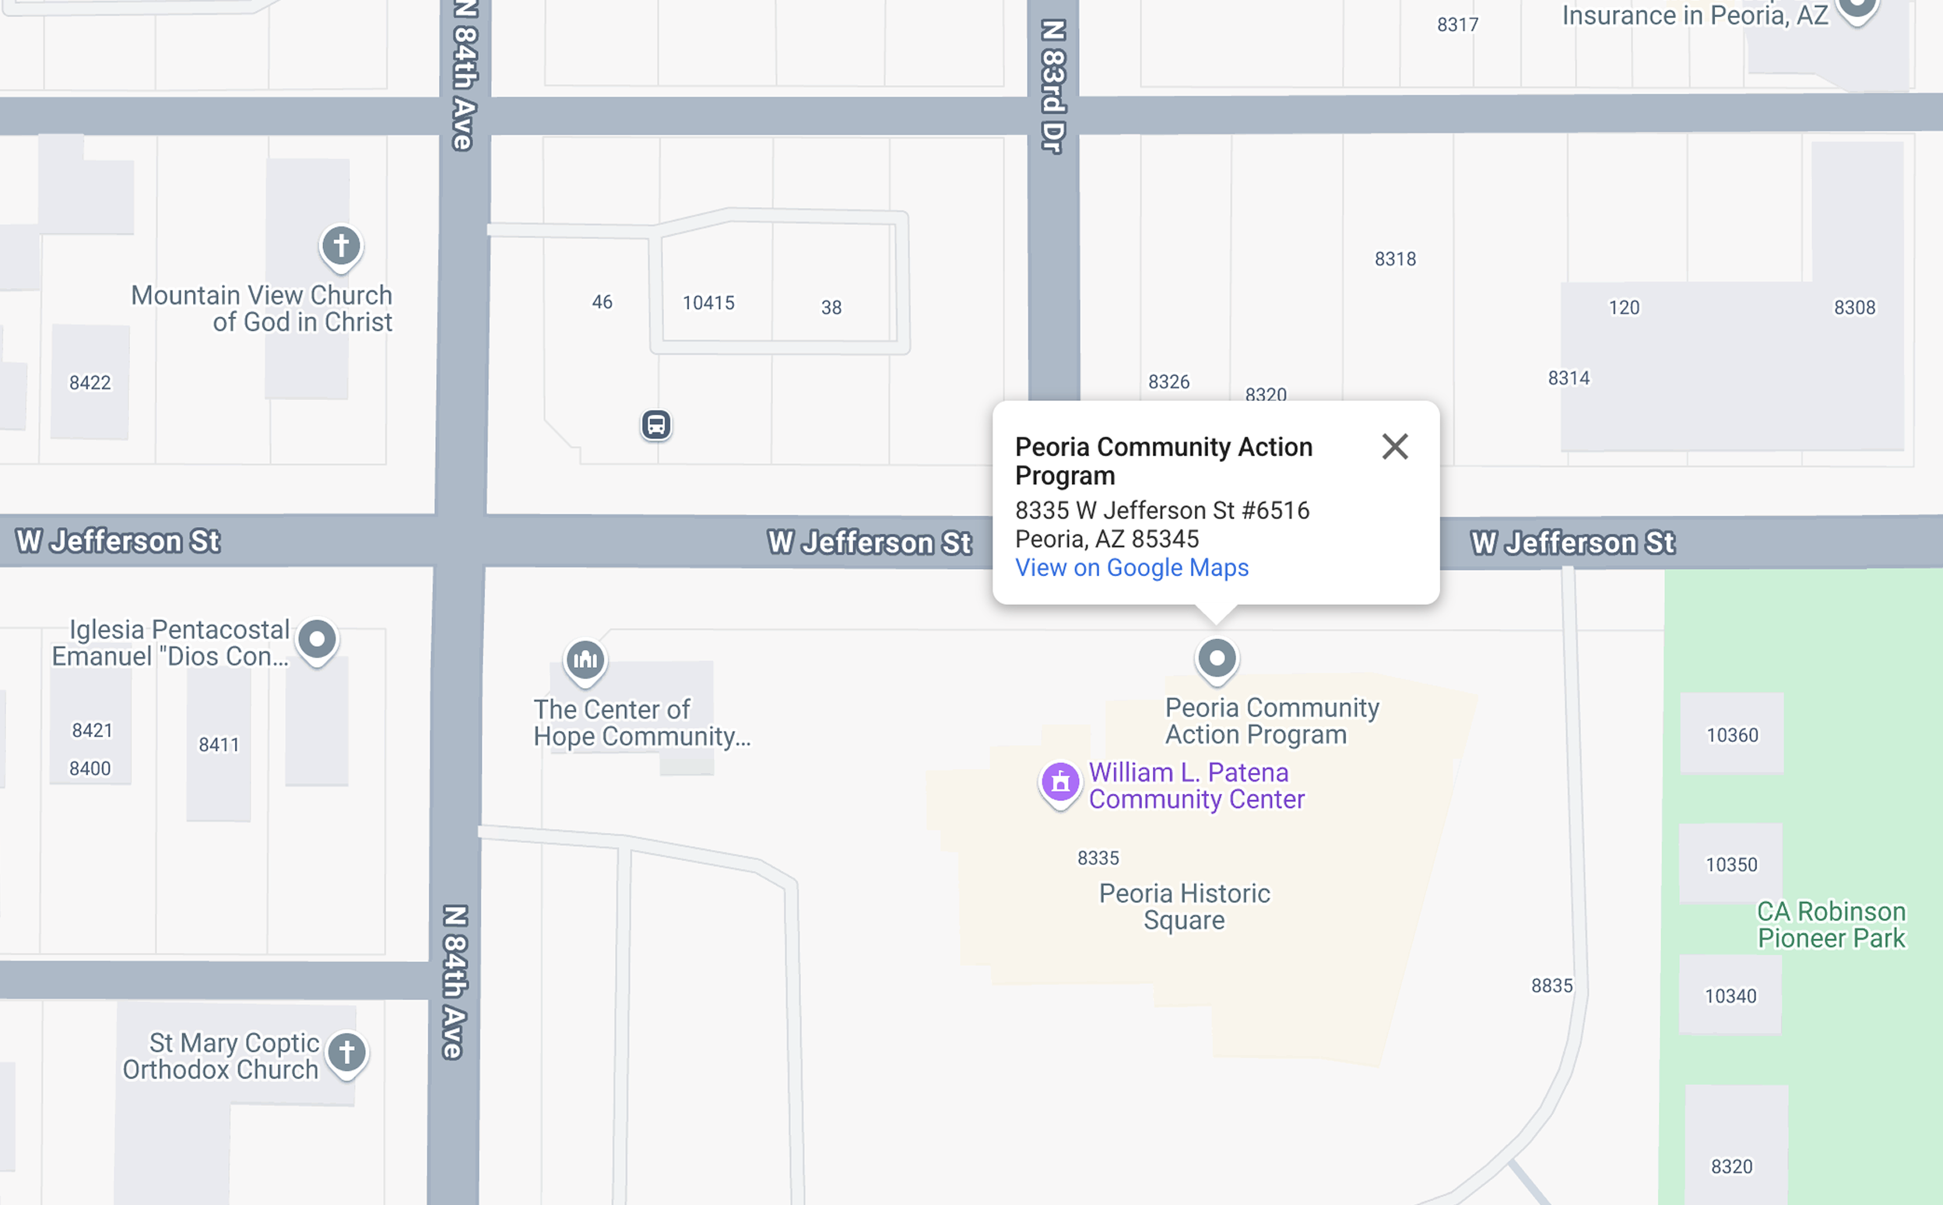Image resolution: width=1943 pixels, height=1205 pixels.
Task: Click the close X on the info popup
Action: point(1395,446)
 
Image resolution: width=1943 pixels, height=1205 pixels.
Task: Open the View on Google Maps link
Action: point(1131,567)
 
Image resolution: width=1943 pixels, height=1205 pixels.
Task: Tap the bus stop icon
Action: point(656,425)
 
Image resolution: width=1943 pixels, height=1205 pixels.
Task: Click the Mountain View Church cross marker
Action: point(341,245)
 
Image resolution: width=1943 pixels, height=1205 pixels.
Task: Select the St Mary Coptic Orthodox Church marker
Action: point(346,1052)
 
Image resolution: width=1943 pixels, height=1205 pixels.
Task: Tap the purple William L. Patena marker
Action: point(1060,782)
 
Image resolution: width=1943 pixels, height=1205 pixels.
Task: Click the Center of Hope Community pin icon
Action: point(585,660)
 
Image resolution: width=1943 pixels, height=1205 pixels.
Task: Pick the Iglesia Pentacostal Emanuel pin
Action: point(317,639)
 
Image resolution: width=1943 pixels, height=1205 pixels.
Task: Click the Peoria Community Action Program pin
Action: point(1216,659)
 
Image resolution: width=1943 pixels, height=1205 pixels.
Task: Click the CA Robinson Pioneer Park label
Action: point(1831,925)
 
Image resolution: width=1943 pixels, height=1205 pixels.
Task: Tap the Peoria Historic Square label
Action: point(1184,906)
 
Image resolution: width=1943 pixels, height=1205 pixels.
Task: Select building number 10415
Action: point(708,303)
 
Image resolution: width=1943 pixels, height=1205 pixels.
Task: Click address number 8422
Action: point(90,382)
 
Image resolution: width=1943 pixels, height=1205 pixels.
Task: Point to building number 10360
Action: point(1732,735)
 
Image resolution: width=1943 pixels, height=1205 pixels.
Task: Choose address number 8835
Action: point(1551,985)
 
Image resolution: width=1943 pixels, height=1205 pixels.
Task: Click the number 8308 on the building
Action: point(1853,307)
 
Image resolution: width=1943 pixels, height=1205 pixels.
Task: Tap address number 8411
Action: point(219,744)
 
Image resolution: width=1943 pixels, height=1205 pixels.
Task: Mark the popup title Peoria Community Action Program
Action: point(1163,461)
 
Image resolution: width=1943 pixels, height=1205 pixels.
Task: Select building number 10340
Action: point(1730,996)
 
